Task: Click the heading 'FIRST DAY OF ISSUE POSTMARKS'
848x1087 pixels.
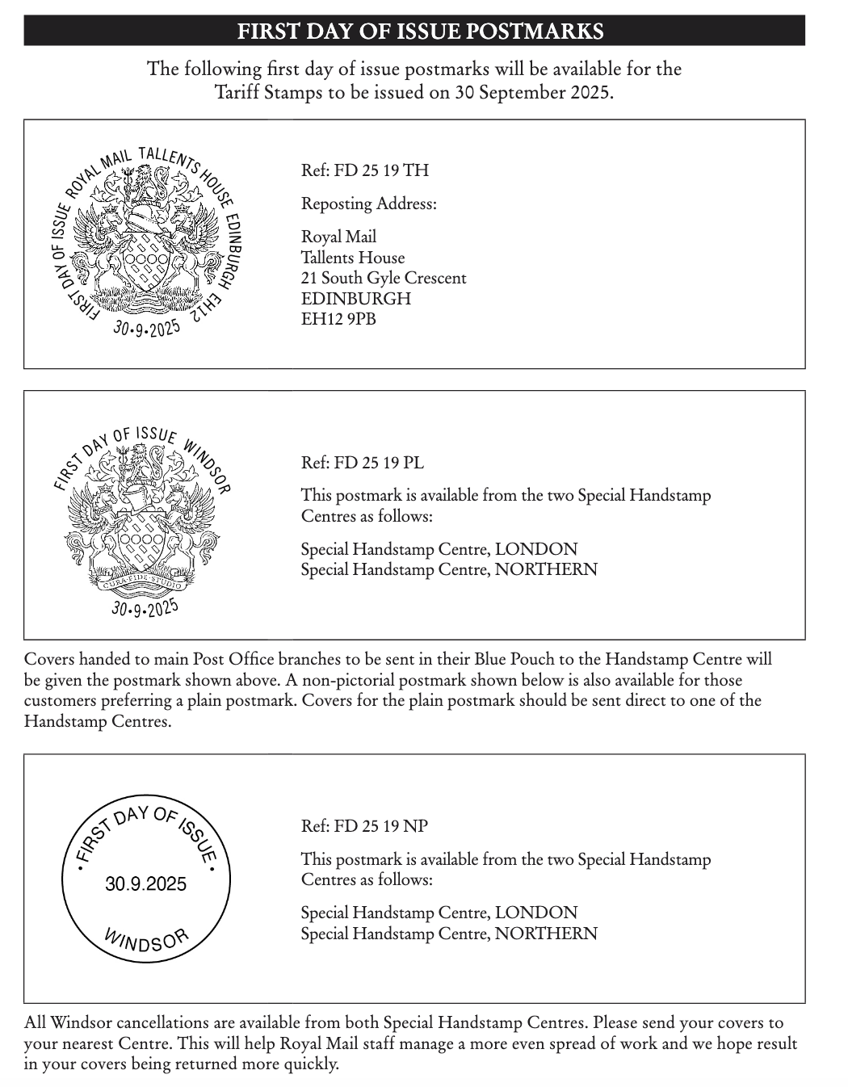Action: (420, 31)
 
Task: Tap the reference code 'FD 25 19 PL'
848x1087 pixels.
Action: (379, 463)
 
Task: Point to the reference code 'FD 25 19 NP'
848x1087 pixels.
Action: (381, 826)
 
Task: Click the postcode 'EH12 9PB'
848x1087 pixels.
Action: (338, 319)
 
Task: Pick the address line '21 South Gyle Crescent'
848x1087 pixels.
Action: (384, 278)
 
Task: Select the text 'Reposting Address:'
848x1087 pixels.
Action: (369, 204)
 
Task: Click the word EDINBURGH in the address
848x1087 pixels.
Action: (356, 299)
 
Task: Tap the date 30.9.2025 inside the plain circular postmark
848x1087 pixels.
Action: (145, 884)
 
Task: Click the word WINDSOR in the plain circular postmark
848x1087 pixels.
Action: (146, 941)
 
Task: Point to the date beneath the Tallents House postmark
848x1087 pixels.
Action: (147, 329)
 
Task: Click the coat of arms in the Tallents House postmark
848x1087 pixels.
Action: (146, 238)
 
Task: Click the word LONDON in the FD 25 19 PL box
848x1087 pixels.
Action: (536, 549)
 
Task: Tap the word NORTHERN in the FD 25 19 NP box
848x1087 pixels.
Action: (546, 934)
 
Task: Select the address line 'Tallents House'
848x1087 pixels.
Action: (353, 258)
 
